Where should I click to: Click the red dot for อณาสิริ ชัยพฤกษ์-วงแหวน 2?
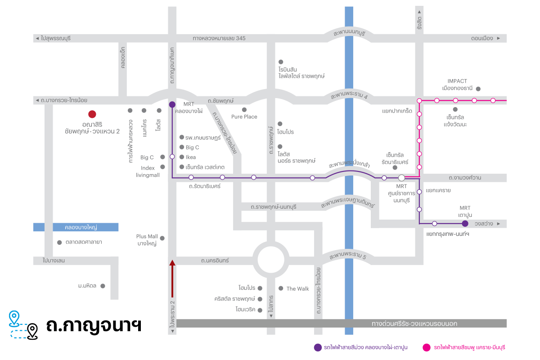click(x=92, y=114)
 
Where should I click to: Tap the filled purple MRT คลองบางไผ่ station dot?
click(x=172, y=104)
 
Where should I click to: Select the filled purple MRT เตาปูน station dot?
click(x=465, y=224)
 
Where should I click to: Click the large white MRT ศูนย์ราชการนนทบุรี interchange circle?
click(x=401, y=178)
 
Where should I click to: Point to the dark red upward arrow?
click(x=172, y=279)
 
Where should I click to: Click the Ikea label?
click(x=191, y=157)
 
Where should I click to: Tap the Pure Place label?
click(x=244, y=117)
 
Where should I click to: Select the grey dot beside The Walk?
click(x=281, y=288)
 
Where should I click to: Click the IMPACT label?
click(x=457, y=81)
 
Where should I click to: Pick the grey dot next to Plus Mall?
click(x=162, y=238)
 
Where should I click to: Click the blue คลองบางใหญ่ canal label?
click(x=81, y=227)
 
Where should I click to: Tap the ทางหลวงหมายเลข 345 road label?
click(x=219, y=38)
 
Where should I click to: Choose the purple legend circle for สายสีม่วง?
click(x=318, y=347)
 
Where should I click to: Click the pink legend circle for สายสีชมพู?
click(x=427, y=347)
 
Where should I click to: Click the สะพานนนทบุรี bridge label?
click(x=349, y=33)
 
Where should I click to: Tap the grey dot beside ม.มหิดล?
click(x=103, y=286)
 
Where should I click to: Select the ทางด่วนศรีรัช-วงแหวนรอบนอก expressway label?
click(x=414, y=324)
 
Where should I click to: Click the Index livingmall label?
click(x=148, y=171)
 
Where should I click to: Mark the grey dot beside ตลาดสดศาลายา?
click(x=59, y=243)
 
